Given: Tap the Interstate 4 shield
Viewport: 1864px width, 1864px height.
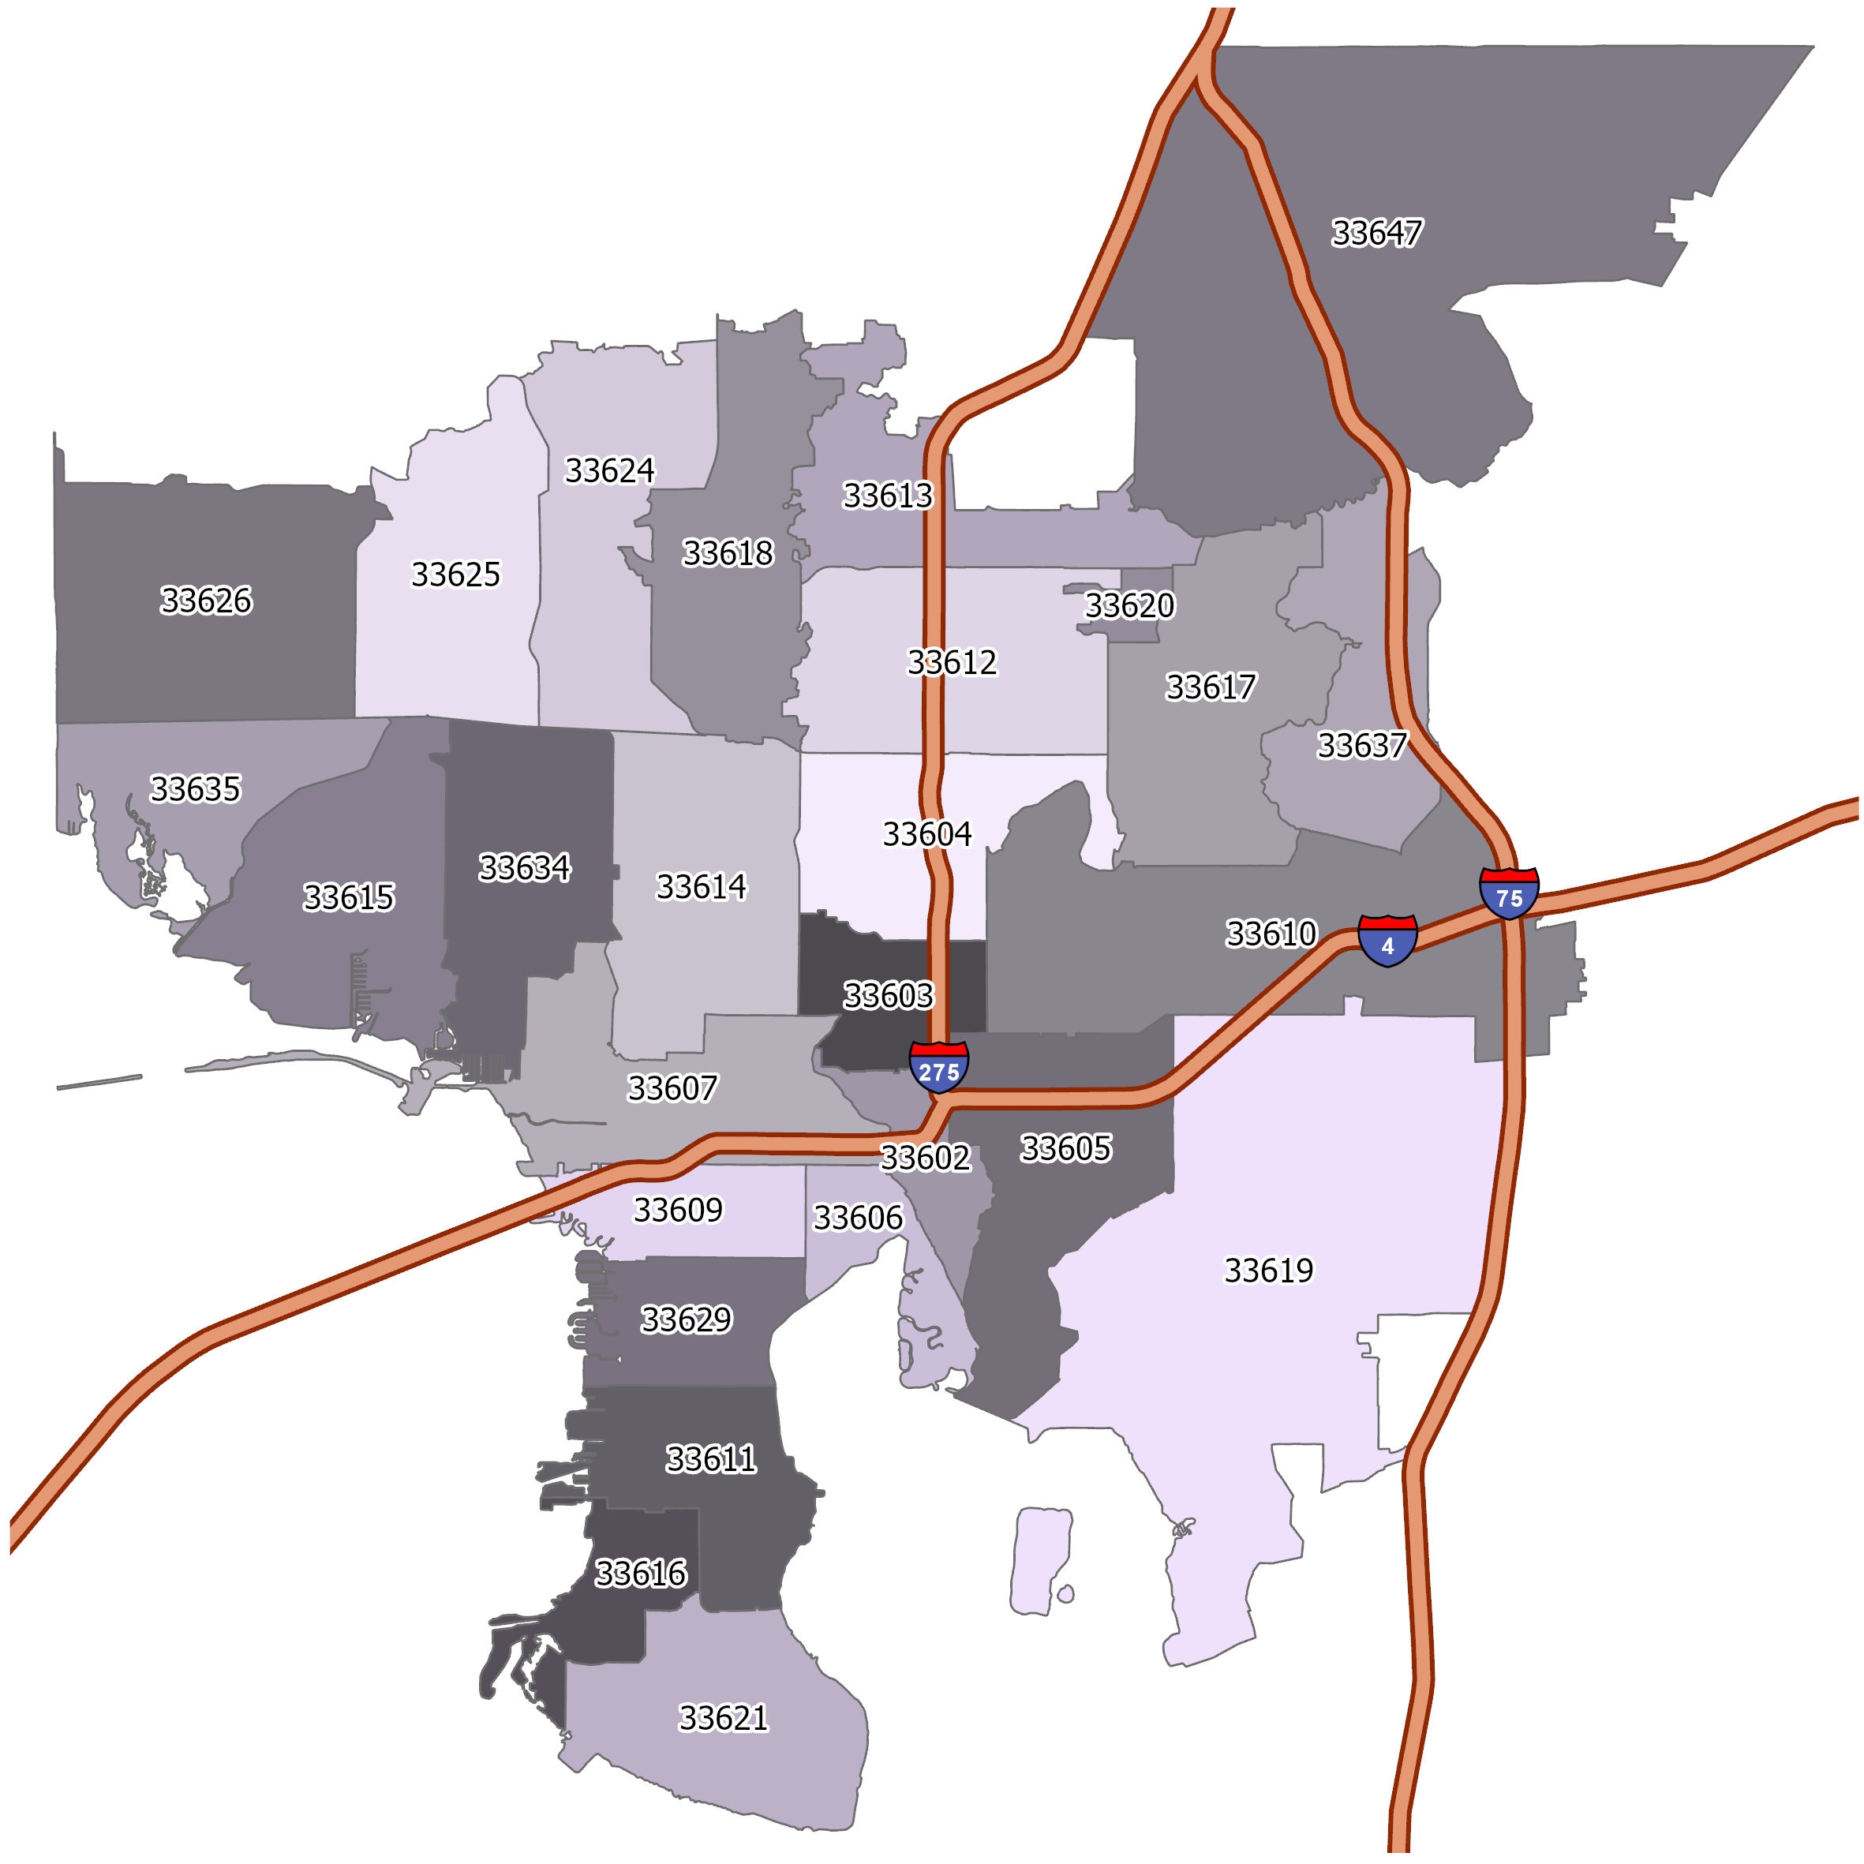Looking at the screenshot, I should click(1387, 940).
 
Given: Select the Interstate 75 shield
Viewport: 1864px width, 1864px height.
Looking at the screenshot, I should click(1508, 893).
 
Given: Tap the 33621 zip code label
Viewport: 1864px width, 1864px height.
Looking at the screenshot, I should click(724, 1717).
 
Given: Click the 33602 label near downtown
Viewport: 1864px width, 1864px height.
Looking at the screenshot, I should click(924, 1157).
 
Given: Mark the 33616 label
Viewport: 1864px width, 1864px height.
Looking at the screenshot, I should click(641, 1574).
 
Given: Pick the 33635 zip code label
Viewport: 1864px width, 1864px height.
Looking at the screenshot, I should click(195, 788).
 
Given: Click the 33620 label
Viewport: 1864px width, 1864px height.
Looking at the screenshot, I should click(1130, 605).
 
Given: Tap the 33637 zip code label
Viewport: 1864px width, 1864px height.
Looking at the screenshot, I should click(1361, 745).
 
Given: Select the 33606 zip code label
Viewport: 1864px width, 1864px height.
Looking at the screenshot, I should click(858, 1218).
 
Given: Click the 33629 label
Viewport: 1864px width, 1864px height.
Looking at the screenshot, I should click(686, 1319).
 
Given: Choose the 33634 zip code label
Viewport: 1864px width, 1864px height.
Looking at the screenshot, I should click(524, 867).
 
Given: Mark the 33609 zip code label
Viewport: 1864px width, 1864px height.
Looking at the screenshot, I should click(677, 1209).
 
